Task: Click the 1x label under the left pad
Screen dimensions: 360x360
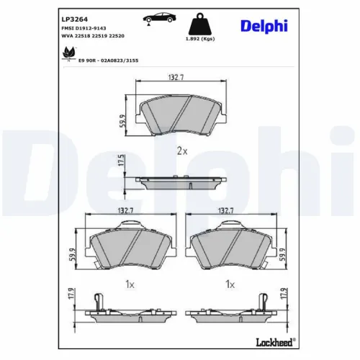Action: tap(130, 285)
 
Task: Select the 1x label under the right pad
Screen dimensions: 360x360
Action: tap(230, 285)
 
